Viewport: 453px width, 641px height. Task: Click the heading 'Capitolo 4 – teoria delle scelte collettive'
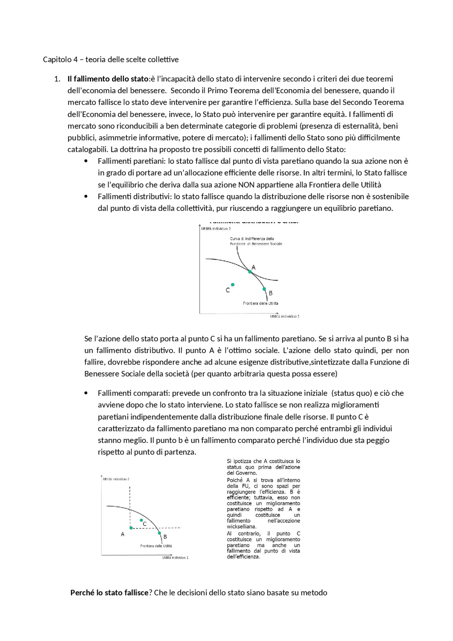[x=110, y=59]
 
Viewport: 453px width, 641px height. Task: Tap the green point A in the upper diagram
[x=250, y=272]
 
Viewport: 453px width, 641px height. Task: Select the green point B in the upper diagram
[x=264, y=289]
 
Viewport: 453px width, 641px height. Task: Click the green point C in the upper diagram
[x=233, y=285]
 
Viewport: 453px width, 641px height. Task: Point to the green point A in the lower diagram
[x=131, y=528]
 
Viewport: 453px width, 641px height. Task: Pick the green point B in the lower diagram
[x=159, y=533]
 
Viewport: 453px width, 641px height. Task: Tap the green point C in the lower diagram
[x=141, y=520]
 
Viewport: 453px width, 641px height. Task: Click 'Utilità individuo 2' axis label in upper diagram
[x=216, y=229]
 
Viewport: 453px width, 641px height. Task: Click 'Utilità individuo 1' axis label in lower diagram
[x=175, y=557]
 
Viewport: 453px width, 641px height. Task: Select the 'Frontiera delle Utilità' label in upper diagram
[x=260, y=303]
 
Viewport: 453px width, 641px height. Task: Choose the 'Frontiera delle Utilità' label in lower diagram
[x=156, y=546]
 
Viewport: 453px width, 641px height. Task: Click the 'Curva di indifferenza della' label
[x=252, y=239]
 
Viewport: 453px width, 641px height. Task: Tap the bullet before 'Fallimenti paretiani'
[x=86, y=161]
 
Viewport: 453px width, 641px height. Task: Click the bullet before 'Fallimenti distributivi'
[x=86, y=196]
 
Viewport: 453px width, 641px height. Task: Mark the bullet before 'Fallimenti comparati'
[x=86, y=393]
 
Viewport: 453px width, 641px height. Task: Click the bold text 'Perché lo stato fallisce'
[x=109, y=593]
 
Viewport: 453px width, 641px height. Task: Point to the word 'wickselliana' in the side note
[x=241, y=526]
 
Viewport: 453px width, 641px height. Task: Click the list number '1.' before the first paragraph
[x=57, y=79]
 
